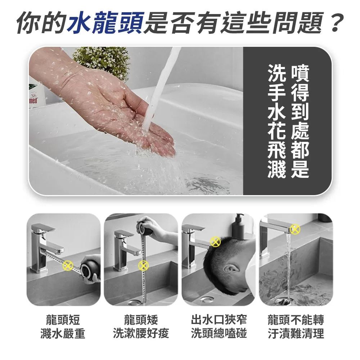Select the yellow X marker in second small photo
coord(143,266)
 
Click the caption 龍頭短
coord(63,319)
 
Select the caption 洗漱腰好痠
coord(141,333)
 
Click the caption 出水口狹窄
coord(219,319)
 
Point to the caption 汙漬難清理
coord(296,333)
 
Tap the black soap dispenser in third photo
coord(239,227)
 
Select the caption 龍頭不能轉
coord(296,319)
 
